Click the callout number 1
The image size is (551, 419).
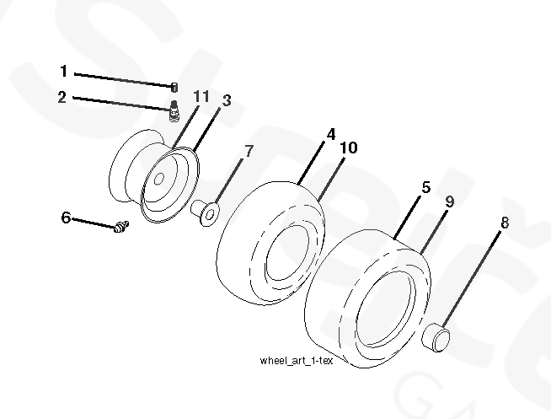coord(63,71)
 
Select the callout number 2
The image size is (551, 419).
coord(62,97)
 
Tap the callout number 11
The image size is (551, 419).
coord(201,96)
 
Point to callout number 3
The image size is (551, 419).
coord(227,100)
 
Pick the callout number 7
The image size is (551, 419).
coord(249,152)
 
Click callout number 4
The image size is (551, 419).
coord(330,134)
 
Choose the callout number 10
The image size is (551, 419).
coord(348,148)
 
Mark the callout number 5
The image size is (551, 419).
coord(426,187)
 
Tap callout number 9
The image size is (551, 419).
coord(449,201)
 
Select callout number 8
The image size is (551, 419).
coord(505,223)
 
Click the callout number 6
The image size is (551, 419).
coord(66,218)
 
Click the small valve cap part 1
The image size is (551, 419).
coord(174,87)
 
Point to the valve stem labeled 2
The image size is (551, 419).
coord(174,111)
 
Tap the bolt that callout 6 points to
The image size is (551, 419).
coord(121,226)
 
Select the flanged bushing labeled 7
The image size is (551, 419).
coord(206,212)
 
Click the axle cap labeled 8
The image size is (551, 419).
coord(436,337)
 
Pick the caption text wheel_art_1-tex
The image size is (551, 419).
coord(296,361)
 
